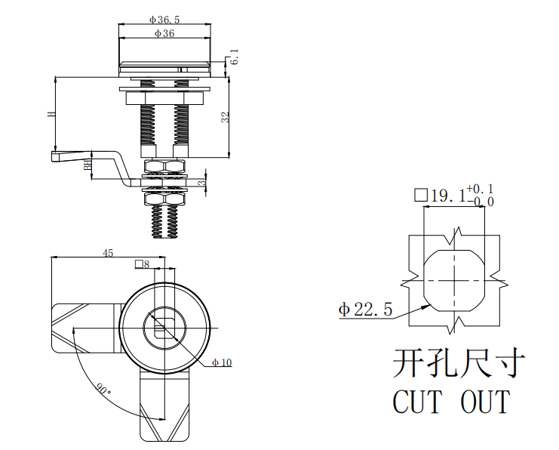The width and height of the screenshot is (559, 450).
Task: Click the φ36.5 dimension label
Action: click(x=164, y=20)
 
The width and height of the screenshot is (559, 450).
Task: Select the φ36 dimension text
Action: click(x=164, y=33)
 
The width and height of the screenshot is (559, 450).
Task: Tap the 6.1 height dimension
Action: click(x=234, y=57)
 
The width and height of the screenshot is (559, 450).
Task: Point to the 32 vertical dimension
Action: click(x=226, y=117)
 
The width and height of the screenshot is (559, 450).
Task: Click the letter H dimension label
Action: click(x=51, y=114)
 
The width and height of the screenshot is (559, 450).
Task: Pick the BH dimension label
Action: click(x=88, y=165)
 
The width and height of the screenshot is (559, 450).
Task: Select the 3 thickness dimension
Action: click(x=201, y=183)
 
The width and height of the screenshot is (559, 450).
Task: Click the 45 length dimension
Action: click(x=108, y=253)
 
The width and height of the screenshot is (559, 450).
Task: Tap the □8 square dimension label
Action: click(x=142, y=264)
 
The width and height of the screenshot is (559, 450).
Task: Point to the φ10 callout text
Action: click(x=222, y=363)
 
